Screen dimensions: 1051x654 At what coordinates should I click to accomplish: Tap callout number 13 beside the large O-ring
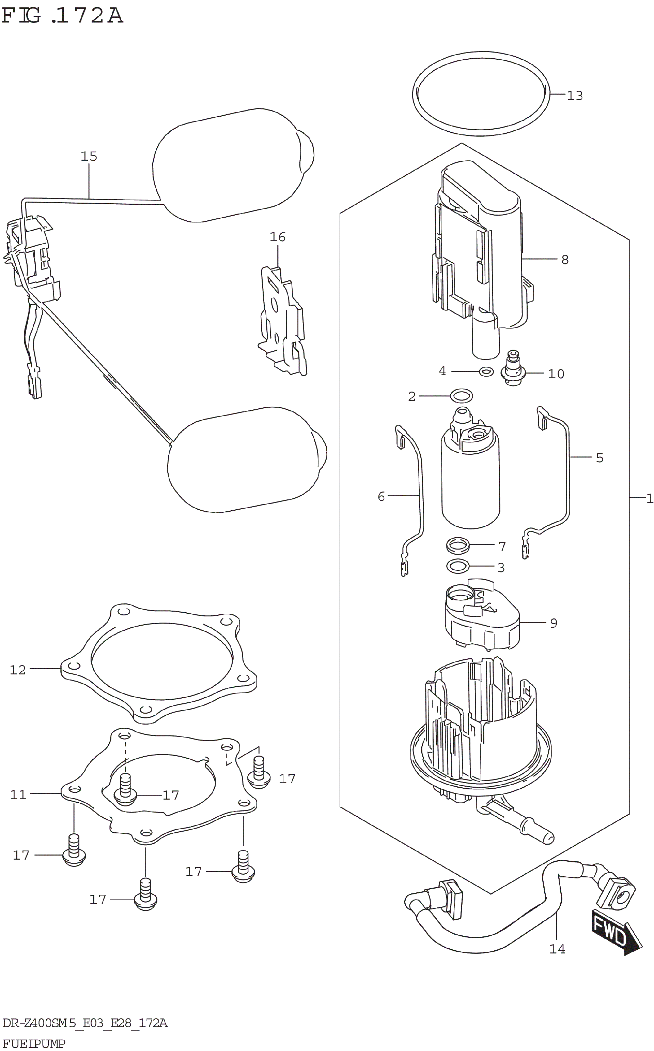click(575, 96)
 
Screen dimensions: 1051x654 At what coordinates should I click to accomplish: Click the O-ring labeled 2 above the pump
click(462, 395)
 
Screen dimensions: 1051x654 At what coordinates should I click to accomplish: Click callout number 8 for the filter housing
click(565, 260)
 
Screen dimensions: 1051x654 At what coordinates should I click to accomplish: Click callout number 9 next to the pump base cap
click(554, 624)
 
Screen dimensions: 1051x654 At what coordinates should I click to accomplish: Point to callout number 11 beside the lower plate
click(18, 794)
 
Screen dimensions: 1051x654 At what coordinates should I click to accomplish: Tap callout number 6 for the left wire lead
click(381, 497)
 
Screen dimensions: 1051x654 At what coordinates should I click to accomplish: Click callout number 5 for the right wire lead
click(599, 458)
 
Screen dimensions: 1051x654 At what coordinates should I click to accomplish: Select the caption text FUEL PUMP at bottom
click(33, 1043)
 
